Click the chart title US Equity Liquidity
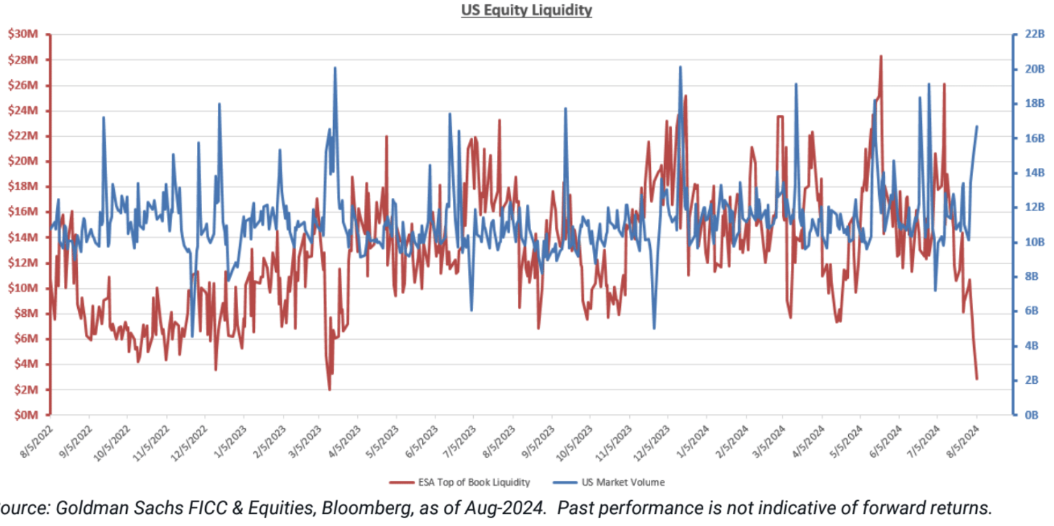[x=526, y=10]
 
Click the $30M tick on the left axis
[x=23, y=34]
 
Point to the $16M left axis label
[x=23, y=212]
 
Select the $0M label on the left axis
[x=26, y=415]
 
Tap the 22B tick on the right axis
[x=1034, y=34]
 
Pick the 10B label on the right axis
[x=1034, y=242]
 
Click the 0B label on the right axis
[x=1031, y=415]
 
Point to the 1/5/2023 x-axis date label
[x=230, y=442]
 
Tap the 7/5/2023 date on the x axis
[x=460, y=442]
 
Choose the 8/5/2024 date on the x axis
[x=962, y=442]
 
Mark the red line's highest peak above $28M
[x=881, y=56]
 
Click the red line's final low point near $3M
[x=977, y=379]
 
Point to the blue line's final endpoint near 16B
[x=977, y=127]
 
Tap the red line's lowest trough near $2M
[x=330, y=390]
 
